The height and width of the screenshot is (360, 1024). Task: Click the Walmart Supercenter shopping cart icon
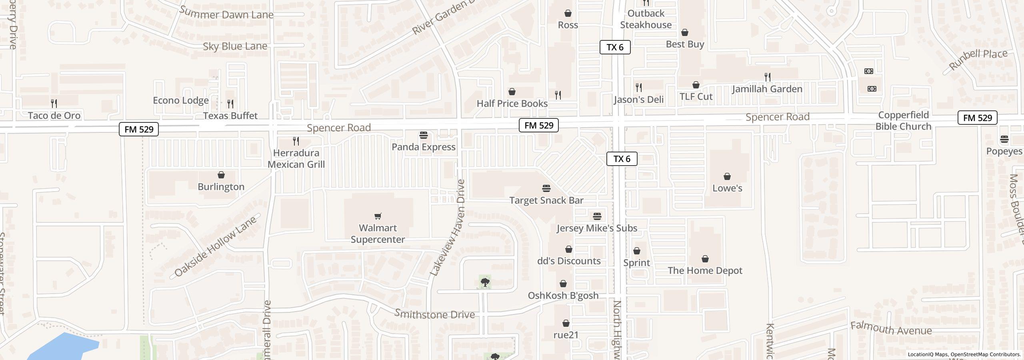point(378,216)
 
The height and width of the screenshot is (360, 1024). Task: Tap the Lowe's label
point(727,188)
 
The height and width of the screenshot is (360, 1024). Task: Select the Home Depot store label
point(705,271)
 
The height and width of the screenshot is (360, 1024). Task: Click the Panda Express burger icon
point(424,135)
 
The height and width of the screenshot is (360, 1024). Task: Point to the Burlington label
point(221,187)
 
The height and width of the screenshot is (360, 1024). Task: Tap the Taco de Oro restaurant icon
point(54,104)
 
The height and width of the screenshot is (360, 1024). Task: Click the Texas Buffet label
point(230,116)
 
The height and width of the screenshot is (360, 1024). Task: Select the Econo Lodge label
point(181,100)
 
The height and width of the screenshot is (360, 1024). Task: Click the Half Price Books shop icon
point(512,92)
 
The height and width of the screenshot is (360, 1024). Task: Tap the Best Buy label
point(685,44)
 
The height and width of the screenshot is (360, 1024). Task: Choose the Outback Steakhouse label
point(646,19)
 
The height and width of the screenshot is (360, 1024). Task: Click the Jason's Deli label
point(639,100)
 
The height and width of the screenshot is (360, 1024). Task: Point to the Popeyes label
point(1004,152)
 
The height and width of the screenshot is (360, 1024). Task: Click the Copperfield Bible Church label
point(903,121)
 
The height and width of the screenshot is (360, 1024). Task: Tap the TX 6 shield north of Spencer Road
point(615,47)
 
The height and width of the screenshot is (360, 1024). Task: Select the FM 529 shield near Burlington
point(139,129)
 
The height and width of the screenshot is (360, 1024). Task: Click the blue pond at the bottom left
point(64,346)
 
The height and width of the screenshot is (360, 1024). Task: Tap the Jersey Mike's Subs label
point(597,228)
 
